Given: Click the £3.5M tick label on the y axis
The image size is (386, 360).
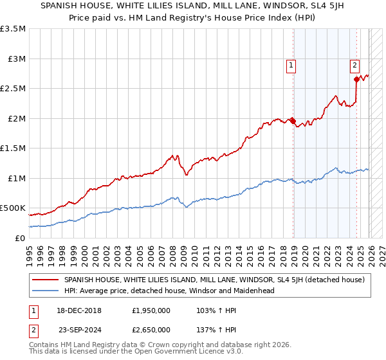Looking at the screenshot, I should [x=13, y=29].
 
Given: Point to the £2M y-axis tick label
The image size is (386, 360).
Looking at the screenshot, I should [x=15, y=118].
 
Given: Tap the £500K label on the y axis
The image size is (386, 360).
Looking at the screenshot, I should [x=13, y=208].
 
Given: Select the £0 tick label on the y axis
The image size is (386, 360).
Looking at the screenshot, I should [x=19, y=238].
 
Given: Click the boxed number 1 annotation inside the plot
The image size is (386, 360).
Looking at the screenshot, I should [x=291, y=64].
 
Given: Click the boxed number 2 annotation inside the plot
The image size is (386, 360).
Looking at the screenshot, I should [x=354, y=64].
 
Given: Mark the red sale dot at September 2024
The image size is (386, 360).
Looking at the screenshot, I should [x=356, y=80].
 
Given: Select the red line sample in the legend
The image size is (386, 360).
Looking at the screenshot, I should [x=46, y=280].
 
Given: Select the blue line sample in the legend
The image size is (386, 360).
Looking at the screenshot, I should [x=46, y=291].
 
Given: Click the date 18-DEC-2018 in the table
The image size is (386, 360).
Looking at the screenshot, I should [x=82, y=310].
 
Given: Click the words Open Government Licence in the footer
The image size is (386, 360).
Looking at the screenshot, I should [x=160, y=353].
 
